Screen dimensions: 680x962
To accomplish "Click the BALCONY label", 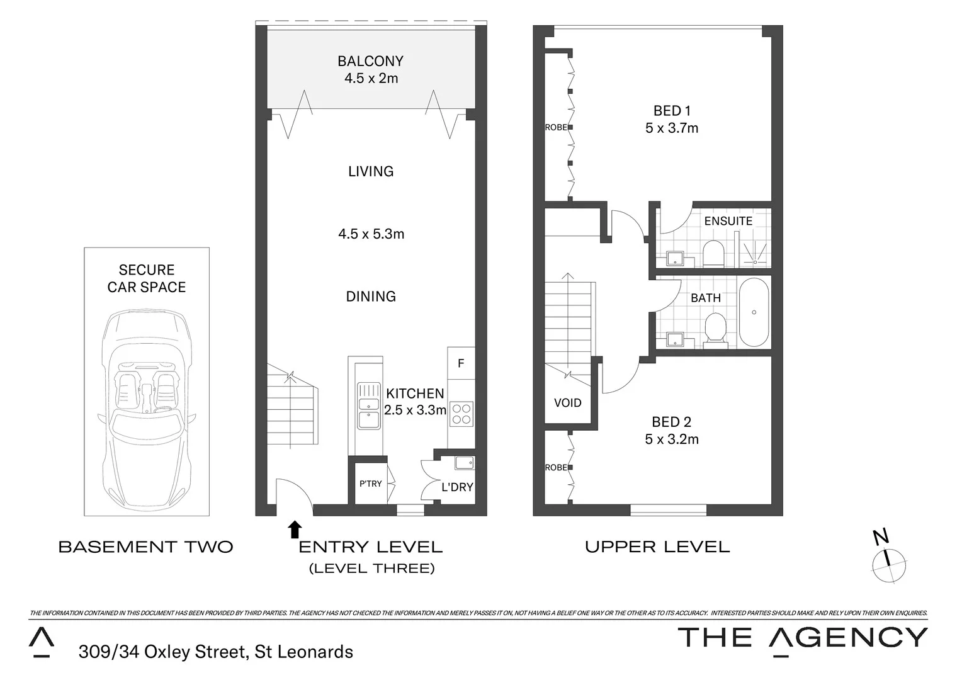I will (370, 61).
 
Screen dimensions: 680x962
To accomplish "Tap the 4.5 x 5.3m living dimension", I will (371, 234).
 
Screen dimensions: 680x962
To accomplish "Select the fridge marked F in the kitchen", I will (461, 363).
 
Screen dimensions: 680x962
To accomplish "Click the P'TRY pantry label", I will (370, 484).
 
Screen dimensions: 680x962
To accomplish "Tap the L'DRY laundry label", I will (457, 487).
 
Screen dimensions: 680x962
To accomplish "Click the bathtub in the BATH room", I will (753, 312).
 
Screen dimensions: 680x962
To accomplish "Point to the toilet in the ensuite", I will (713, 253).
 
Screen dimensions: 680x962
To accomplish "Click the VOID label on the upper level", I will (567, 403).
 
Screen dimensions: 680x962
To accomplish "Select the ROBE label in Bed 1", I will (555, 127).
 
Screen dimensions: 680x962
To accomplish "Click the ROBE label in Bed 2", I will (555, 468).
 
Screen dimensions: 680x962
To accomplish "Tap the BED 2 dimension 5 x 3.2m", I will (672, 439).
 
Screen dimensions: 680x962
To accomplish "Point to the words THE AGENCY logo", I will (802, 638).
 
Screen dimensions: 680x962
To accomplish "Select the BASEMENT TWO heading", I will (146, 547).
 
